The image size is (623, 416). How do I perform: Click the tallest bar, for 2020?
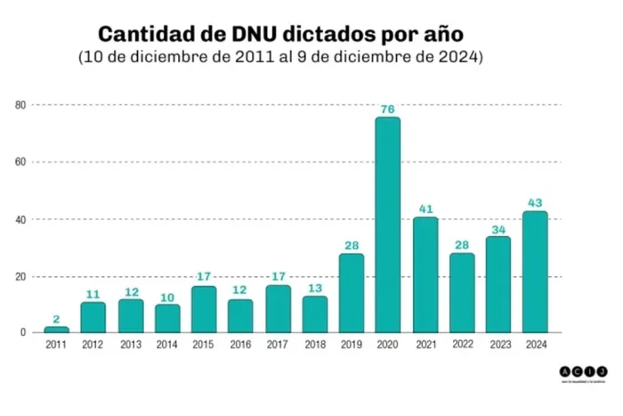387,224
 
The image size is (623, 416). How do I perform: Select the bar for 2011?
56,330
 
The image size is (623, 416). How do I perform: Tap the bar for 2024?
534,272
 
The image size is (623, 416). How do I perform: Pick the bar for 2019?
351,293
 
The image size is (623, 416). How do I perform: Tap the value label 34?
498,229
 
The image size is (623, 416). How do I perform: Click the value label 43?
534,204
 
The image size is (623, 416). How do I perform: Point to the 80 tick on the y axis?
20,105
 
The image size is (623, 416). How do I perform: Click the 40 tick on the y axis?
20,219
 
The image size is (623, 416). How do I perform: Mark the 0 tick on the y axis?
23,333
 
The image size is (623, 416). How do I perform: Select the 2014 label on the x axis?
166,344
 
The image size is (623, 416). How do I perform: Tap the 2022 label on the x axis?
461,344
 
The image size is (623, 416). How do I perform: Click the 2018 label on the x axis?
313,344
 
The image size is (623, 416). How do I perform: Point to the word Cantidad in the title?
142,35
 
